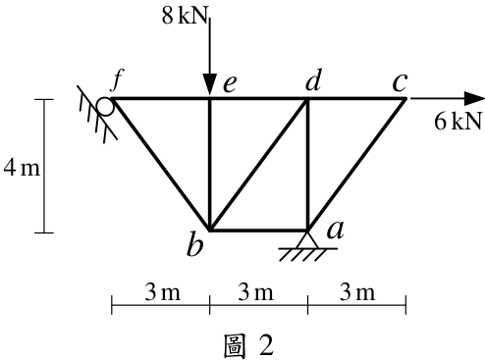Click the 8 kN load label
tap(185, 16)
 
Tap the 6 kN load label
tap(458, 121)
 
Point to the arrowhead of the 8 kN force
tap(209, 85)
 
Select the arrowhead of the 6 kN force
tap(474, 98)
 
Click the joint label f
tap(117, 79)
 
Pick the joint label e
tap(230, 84)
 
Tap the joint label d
tap(313, 79)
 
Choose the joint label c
tap(400, 82)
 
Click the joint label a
tap(336, 230)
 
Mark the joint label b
tap(195, 244)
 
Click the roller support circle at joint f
tap(105, 107)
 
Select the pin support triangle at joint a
tap(307, 239)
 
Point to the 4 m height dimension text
tap(22, 168)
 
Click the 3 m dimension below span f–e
tap(162, 292)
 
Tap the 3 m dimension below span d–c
tap(357, 292)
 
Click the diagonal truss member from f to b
tap(160, 165)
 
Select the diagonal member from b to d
tap(258, 165)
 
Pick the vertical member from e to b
tap(210, 165)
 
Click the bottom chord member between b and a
tap(258, 231)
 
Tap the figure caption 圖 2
tap(248, 346)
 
